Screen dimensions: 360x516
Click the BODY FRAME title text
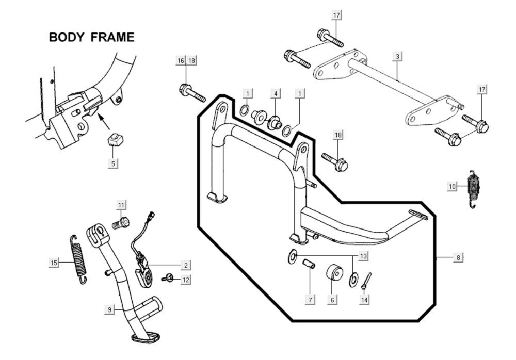[x=91, y=37]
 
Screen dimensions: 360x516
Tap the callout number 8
[x=458, y=257]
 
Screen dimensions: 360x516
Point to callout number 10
[x=453, y=186]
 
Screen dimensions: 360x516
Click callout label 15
[x=54, y=263]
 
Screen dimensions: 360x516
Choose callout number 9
[x=110, y=309]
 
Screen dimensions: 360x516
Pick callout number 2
[x=185, y=265]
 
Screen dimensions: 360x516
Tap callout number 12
[x=186, y=280]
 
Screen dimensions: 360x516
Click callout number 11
[x=121, y=205]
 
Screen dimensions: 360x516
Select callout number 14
[x=364, y=299]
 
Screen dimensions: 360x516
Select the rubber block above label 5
[x=114, y=140]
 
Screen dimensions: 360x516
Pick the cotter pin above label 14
[x=366, y=281]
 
